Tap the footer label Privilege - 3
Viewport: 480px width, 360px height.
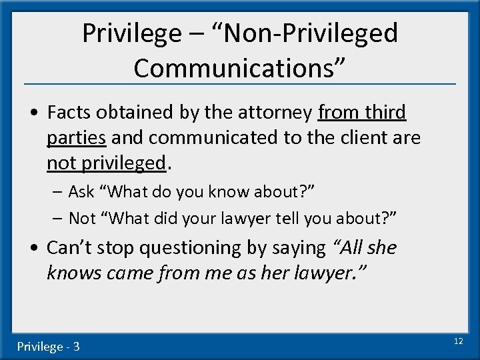(x=48, y=347)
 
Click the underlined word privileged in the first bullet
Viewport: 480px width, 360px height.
(x=128, y=163)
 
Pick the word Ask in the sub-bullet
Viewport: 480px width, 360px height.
(x=81, y=192)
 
